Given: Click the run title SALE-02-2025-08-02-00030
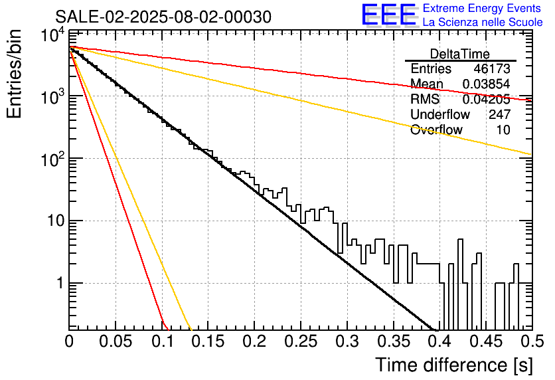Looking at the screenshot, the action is click(163, 17).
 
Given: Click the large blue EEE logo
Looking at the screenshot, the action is click(389, 15).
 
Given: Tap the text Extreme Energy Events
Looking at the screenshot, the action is click(482, 8).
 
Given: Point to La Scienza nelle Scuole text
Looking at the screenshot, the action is click(483, 22).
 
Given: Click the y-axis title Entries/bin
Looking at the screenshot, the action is click(14, 74).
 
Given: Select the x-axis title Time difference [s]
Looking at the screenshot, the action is click(454, 365).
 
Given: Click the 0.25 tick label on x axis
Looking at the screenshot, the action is click(301, 341).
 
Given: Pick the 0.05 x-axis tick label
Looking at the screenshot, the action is click(116, 341).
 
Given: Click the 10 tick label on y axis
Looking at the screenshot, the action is click(55, 221).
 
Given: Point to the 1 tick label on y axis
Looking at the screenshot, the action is click(60, 283).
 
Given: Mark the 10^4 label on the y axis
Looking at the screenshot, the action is click(52, 35).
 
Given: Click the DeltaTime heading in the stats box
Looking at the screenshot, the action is click(460, 54).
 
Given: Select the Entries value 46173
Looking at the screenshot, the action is click(492, 68).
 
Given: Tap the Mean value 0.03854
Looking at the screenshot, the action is click(487, 84).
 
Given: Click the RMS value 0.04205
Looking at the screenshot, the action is click(487, 99).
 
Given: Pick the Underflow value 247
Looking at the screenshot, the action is click(499, 114).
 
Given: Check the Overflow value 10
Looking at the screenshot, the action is click(503, 130).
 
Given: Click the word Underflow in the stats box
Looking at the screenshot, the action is click(440, 114).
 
